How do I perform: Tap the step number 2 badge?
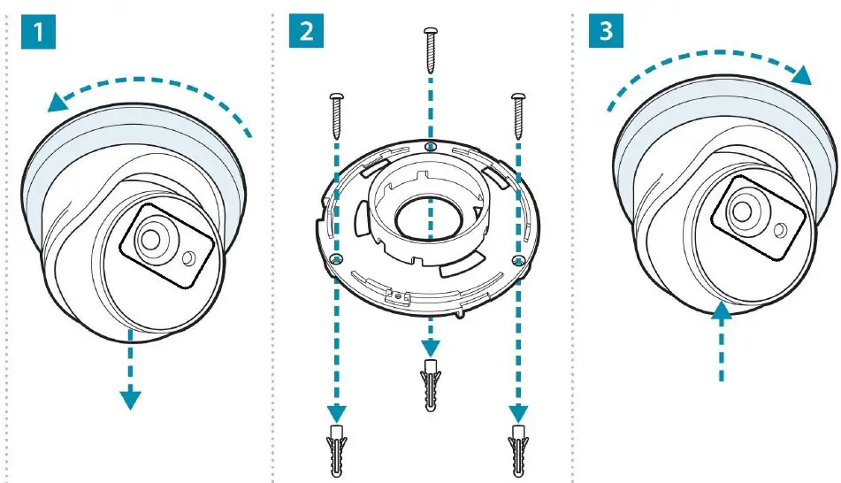click(x=306, y=31)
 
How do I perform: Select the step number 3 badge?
click(x=605, y=31)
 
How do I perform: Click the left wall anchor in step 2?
click(x=337, y=450)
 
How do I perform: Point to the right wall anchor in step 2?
click(x=516, y=450)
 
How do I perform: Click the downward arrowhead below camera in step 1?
click(x=130, y=399)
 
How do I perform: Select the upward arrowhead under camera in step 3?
click(x=722, y=309)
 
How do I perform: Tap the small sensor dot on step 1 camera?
click(x=190, y=257)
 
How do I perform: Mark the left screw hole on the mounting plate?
click(x=337, y=258)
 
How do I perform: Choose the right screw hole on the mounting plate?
click(x=517, y=258)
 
